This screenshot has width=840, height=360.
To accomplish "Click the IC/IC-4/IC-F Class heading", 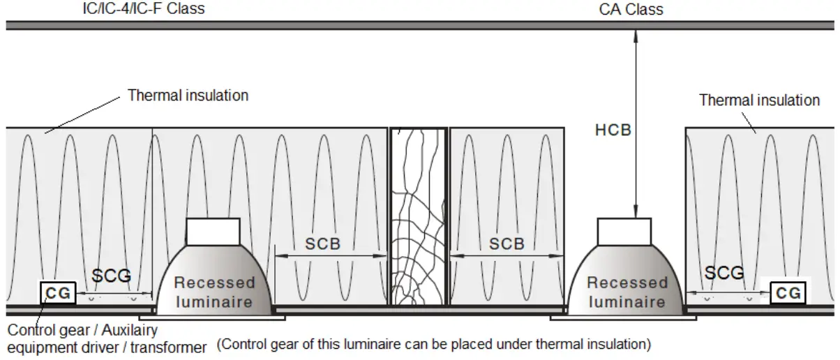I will [x=144, y=9].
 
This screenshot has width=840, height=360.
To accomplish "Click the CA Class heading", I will [x=631, y=9].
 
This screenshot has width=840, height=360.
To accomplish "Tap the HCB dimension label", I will [x=613, y=130].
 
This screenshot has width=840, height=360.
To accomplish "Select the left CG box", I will [x=58, y=293].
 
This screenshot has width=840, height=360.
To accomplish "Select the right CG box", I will [x=788, y=293].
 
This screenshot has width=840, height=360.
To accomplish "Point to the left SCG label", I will [x=112, y=276].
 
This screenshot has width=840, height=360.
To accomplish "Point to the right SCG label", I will [x=723, y=273].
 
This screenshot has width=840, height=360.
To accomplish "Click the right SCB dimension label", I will [x=507, y=244].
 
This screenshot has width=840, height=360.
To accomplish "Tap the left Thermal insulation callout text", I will [x=188, y=95].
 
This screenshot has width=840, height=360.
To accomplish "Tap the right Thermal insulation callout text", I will [x=759, y=100].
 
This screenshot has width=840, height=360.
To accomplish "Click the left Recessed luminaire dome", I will [x=213, y=283].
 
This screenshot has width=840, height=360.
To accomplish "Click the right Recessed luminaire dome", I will [x=626, y=283].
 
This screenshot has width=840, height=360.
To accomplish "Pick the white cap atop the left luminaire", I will [x=213, y=231].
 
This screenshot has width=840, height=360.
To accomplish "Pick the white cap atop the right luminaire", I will [x=625, y=231].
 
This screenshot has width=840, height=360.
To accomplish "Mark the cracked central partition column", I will [x=417, y=216].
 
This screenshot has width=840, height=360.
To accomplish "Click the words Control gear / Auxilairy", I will [x=82, y=329].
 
